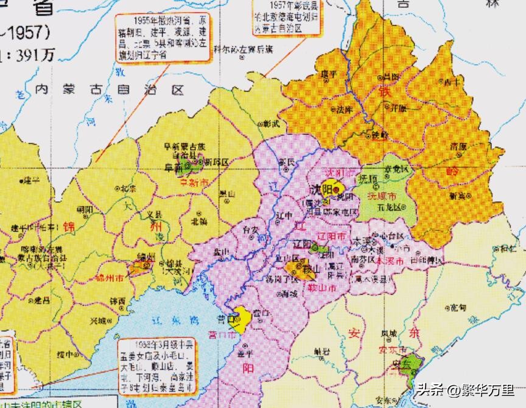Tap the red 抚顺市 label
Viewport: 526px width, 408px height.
point(384,197)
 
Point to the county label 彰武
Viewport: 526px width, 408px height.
point(272,124)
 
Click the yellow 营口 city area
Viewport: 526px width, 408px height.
point(242,318)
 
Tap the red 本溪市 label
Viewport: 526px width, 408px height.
point(388,260)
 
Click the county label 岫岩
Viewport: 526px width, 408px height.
point(323,351)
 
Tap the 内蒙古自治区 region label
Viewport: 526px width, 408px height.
point(109,90)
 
